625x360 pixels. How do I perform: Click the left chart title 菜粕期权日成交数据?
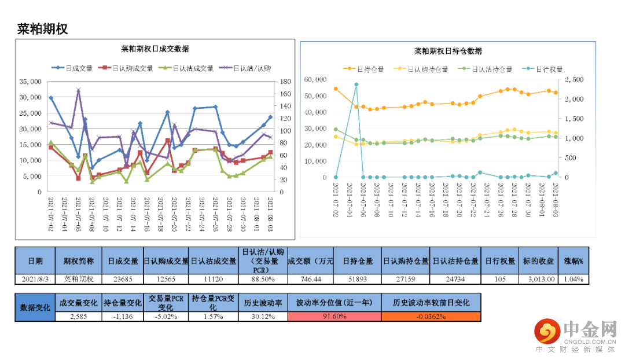155,49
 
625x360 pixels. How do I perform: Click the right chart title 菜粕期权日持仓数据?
448,51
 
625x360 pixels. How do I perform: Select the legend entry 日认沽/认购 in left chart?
245,68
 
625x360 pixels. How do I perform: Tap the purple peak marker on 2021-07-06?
79,90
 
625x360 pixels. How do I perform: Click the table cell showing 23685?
123,279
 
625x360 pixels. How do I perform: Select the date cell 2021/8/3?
35,279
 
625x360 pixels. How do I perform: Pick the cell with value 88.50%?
262,279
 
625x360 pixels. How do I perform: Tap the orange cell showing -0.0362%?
431,317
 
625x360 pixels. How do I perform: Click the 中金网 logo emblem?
547,332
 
